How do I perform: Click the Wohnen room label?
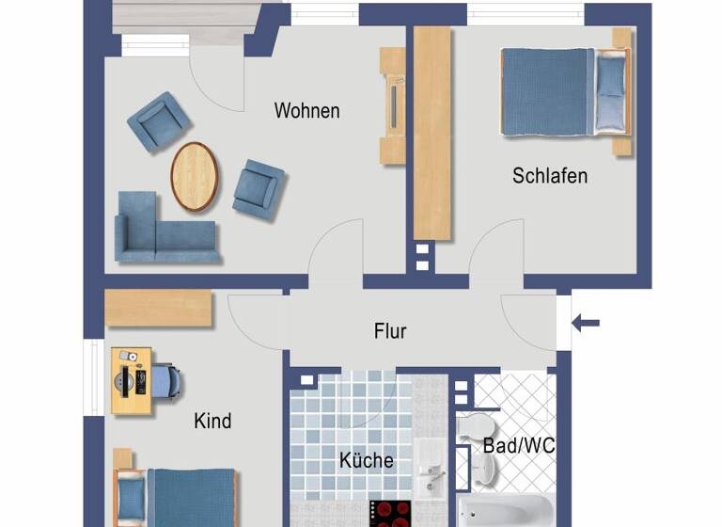coord(306,111)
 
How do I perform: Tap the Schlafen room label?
coord(549,176)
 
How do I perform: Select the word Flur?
coord(390,331)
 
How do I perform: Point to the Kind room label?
coord(212,421)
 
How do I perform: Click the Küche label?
coord(366,461)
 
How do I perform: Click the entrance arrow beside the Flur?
coord(586,324)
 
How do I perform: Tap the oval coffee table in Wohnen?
coord(195,176)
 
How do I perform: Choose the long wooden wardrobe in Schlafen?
coord(432,132)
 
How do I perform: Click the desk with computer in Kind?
coord(131,380)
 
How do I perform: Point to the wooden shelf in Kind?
coord(158,309)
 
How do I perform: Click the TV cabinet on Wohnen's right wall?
coord(392,105)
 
